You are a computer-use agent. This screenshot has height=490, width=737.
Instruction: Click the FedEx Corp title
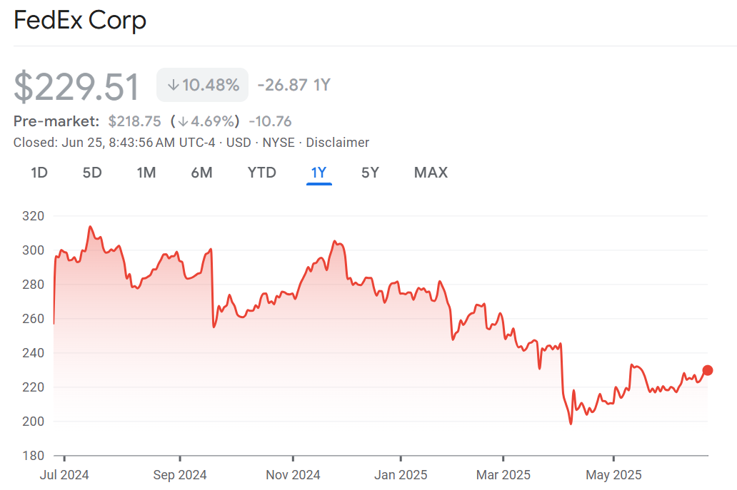pyautogui.click(x=80, y=20)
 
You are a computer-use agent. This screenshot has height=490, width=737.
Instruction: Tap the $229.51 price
pyautogui.click(x=76, y=86)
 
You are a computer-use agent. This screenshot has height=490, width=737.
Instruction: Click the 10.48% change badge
pyautogui.click(x=203, y=85)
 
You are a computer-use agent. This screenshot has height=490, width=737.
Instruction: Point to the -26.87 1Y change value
pyautogui.click(x=294, y=85)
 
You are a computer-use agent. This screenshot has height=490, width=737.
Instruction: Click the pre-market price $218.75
pyautogui.click(x=134, y=121)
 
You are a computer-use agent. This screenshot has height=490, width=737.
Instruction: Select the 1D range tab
pyautogui.click(x=39, y=173)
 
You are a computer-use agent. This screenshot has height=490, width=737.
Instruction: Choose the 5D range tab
pyautogui.click(x=92, y=173)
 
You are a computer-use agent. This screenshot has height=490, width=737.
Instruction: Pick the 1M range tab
pyautogui.click(x=146, y=173)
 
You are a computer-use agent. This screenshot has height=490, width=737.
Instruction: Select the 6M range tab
pyautogui.click(x=201, y=173)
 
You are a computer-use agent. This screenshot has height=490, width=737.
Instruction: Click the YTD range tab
pyautogui.click(x=261, y=173)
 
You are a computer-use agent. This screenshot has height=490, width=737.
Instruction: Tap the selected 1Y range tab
pyautogui.click(x=319, y=173)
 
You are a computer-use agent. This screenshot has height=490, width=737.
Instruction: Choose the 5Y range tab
pyautogui.click(x=370, y=173)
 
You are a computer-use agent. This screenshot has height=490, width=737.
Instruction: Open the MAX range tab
pyautogui.click(x=431, y=173)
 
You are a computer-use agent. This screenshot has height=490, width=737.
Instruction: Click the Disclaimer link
pyautogui.click(x=338, y=143)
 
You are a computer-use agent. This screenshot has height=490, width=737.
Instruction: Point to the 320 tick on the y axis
pyautogui.click(x=34, y=216)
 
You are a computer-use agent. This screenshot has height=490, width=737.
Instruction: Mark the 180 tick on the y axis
pyautogui.click(x=34, y=456)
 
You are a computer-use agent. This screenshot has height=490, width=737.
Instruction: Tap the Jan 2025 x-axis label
pyautogui.click(x=401, y=475)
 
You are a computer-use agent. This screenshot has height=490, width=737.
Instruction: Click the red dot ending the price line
pyautogui.click(x=708, y=370)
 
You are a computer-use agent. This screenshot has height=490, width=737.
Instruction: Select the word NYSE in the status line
pyautogui.click(x=279, y=143)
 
